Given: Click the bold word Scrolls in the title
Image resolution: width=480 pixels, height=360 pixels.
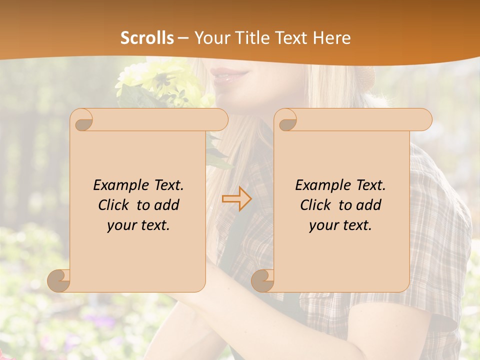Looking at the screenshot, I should coord(147,38).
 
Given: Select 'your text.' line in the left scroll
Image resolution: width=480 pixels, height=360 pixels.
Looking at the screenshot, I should coord(138,225).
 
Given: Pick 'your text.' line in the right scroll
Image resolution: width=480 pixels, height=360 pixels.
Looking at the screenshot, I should coord(340,225).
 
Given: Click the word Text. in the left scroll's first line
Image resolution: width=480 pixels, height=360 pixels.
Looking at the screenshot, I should coord(167,185).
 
